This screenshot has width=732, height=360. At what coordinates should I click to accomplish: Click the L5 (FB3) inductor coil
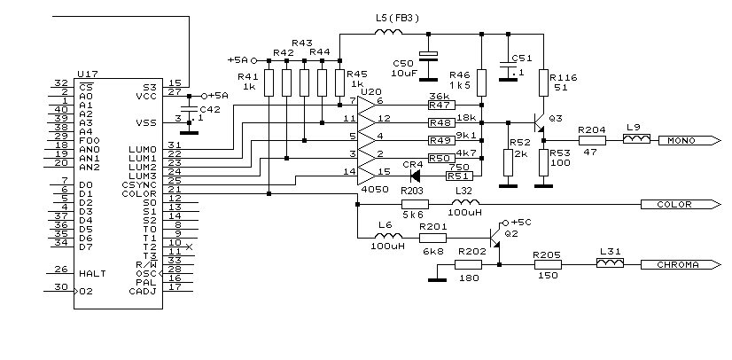pyautogui.click(x=386, y=34)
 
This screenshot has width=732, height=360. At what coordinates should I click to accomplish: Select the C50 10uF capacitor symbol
pyautogui.click(x=428, y=56)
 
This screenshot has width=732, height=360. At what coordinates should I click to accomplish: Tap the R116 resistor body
pyautogui.click(x=543, y=83)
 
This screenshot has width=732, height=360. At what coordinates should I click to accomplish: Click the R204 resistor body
pyautogui.click(x=591, y=140)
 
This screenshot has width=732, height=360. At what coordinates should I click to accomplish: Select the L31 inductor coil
pyautogui.click(x=611, y=263)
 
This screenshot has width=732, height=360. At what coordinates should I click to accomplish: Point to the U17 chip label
pyautogui.click(x=87, y=74)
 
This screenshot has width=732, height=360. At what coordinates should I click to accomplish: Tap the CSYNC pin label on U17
pyautogui.click(x=143, y=184)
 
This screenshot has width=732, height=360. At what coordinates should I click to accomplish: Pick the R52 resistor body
pyautogui.click(x=508, y=162)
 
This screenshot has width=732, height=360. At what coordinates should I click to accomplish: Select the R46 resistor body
pyautogui.click(x=481, y=82)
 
